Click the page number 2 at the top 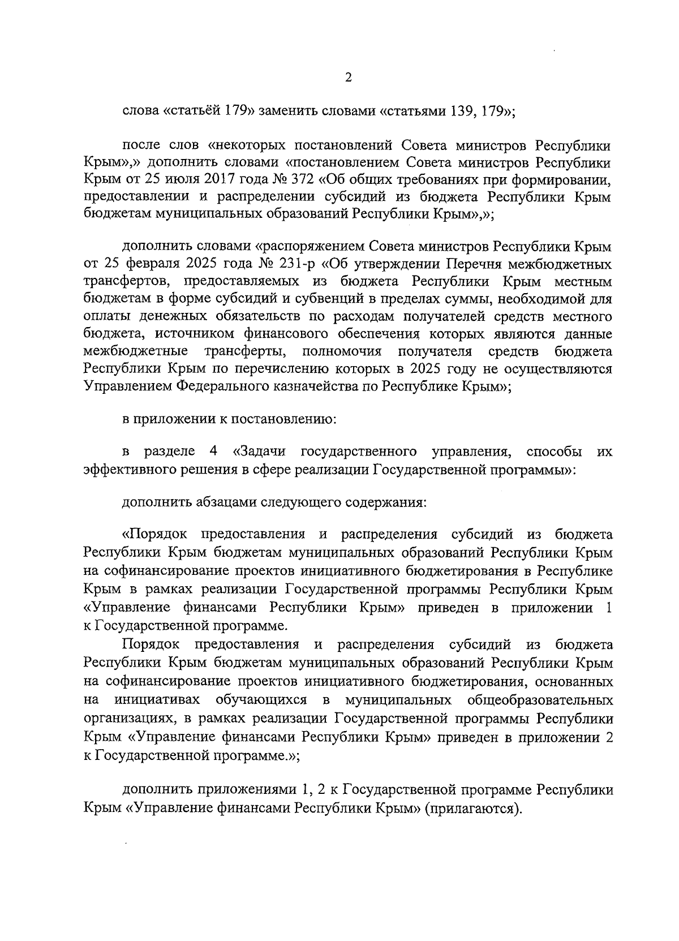point(348,78)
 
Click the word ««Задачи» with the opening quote point(259,451)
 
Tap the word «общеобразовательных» point(540,699)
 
